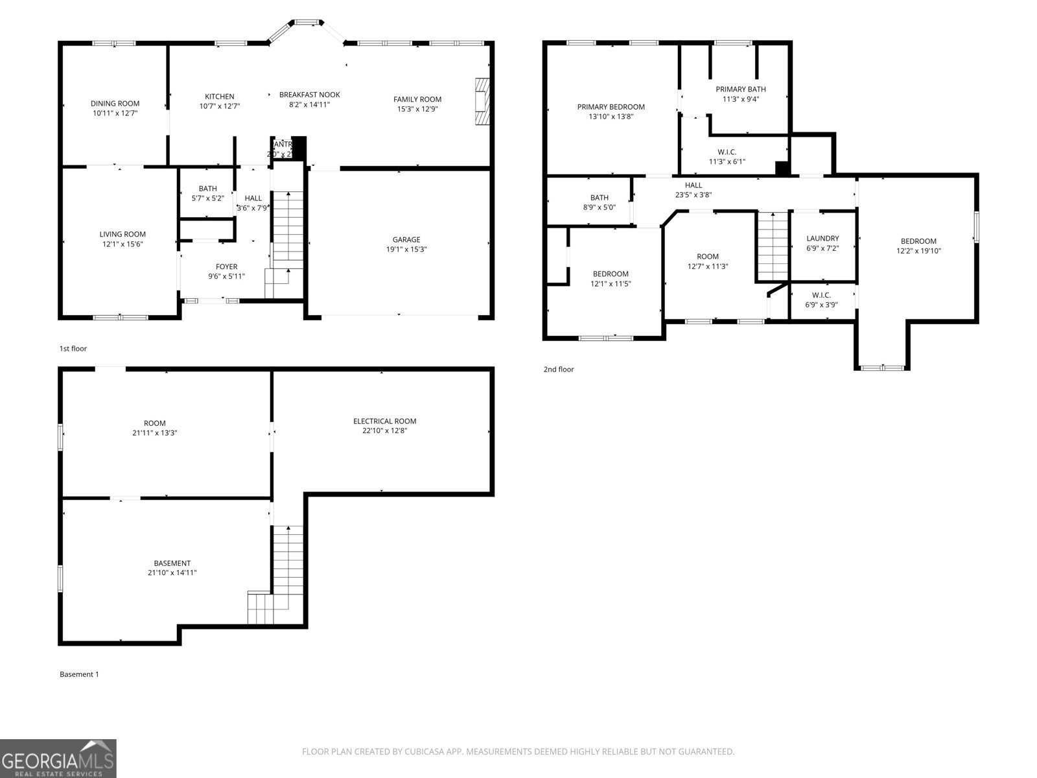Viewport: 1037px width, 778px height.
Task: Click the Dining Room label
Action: point(115,104)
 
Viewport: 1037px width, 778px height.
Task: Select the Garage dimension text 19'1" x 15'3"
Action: point(406,250)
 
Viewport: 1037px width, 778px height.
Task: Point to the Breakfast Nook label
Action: point(309,95)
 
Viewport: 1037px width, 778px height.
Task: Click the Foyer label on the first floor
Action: point(226,266)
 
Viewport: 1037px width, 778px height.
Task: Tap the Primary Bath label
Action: point(740,89)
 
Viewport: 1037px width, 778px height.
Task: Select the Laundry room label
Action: point(822,239)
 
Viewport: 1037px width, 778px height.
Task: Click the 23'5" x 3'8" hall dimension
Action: point(693,194)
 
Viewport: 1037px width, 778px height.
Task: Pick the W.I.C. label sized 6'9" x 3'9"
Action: point(821,296)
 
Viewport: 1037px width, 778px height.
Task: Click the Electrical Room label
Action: point(384,421)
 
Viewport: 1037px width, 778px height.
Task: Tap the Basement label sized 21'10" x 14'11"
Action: point(172,563)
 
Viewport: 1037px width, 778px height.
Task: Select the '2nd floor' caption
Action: point(558,370)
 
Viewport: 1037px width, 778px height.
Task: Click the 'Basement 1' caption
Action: point(79,674)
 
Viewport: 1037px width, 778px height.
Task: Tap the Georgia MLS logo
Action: point(58,759)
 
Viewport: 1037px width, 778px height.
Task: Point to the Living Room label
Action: point(122,235)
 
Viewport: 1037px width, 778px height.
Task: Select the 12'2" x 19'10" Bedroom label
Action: point(918,241)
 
